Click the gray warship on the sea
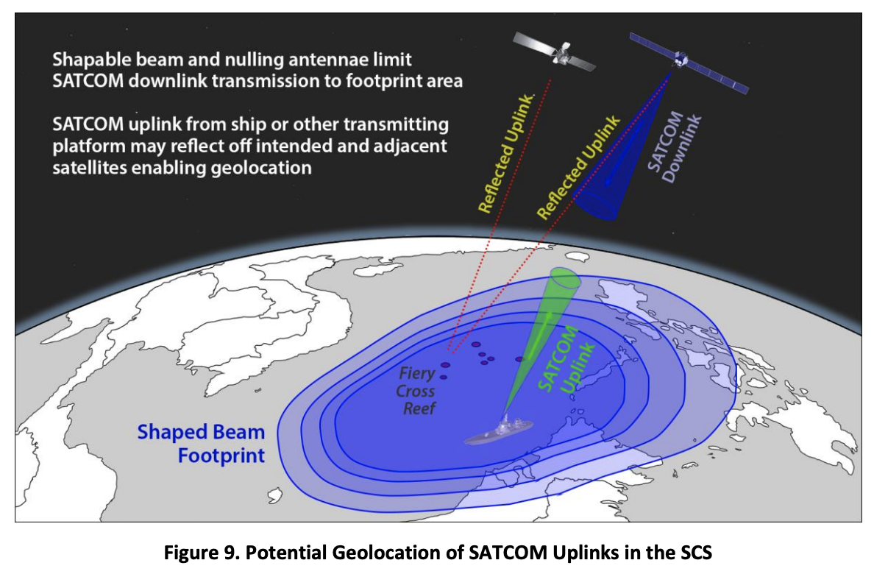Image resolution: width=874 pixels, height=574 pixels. click(x=498, y=431)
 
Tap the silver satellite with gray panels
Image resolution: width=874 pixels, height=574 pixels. click(x=554, y=52)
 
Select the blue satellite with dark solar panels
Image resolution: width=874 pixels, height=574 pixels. click(x=689, y=63)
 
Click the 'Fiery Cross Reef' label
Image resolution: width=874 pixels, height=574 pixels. click(x=416, y=391)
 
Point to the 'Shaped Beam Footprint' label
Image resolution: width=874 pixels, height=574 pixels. click(x=201, y=444)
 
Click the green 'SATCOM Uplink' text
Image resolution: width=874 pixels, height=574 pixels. click(x=565, y=361)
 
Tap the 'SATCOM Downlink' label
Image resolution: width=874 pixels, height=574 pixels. click(x=674, y=147)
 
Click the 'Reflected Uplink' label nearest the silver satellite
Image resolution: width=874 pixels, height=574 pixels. click(x=506, y=153)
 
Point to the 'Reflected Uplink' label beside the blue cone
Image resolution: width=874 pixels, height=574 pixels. click(x=578, y=167)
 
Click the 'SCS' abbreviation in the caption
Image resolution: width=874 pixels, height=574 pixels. click(x=696, y=552)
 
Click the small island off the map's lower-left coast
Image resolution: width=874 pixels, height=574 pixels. click(x=275, y=495)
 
